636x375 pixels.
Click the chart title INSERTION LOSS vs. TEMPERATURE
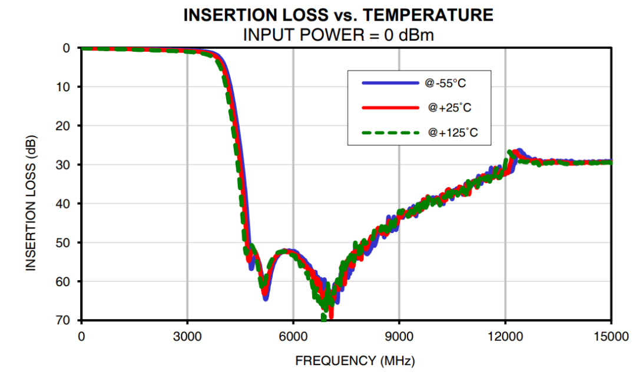pos(339,15)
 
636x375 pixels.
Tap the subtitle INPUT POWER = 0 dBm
pos(339,35)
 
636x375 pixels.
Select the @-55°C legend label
pos(450,84)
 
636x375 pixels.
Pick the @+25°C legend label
pos(450,108)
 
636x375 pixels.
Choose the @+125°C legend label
pos(453,134)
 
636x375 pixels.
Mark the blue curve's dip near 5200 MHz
pos(266,297)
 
